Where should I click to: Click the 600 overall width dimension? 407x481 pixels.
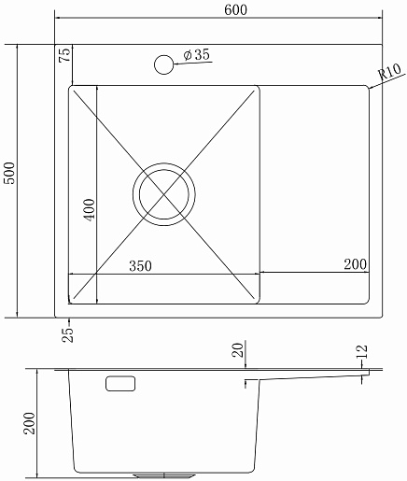(x=235, y=10)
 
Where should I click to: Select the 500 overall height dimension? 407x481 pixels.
(x=9, y=173)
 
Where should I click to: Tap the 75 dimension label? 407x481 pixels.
(x=65, y=54)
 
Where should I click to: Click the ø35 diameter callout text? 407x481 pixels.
(x=197, y=55)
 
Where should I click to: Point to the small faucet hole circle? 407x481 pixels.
(x=163, y=64)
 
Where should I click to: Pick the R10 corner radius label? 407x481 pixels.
(x=389, y=72)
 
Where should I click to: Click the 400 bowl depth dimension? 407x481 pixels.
(x=89, y=210)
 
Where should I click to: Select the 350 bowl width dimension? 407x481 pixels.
(x=140, y=266)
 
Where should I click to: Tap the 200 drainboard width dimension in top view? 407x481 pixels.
(x=356, y=264)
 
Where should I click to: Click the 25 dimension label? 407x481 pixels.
(x=68, y=335)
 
